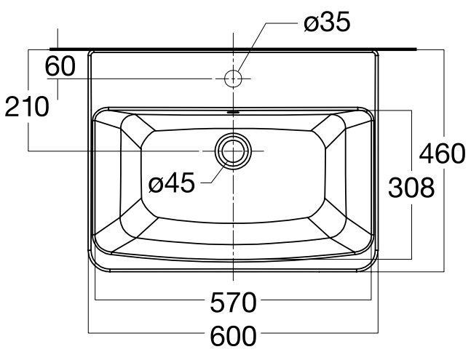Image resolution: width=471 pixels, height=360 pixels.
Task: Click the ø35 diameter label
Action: click(327, 23)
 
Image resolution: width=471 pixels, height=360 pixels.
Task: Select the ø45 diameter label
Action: click(171, 183)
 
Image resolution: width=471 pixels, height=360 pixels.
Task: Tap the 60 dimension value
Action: click(60, 66)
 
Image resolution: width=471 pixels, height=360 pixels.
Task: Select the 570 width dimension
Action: click(234, 300)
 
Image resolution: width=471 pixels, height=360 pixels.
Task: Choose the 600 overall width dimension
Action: click(234, 336)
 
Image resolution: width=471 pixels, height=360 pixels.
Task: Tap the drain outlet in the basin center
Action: click(233, 151)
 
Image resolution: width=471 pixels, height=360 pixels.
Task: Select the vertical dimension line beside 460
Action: click(443, 218)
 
